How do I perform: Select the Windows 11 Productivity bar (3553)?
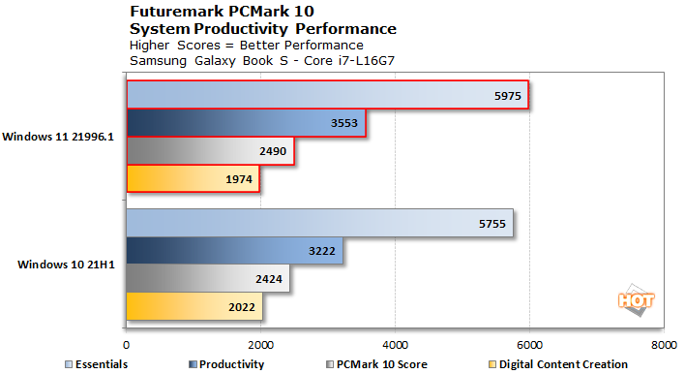click(x=246, y=123)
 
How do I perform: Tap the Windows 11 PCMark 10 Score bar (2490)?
click(x=210, y=151)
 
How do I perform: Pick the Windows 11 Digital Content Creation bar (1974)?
click(x=193, y=179)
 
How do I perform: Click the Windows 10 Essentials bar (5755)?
click(x=319, y=223)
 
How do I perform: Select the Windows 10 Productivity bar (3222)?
click(x=234, y=251)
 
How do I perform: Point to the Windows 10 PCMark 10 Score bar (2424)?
click(x=208, y=279)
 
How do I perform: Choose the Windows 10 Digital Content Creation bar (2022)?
click(x=194, y=307)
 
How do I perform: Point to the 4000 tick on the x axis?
click(x=395, y=343)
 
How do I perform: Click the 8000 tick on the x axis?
click(x=663, y=343)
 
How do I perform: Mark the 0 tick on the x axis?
click(x=126, y=343)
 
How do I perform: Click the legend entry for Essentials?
click(x=96, y=364)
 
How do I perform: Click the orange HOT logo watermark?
click(x=630, y=301)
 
